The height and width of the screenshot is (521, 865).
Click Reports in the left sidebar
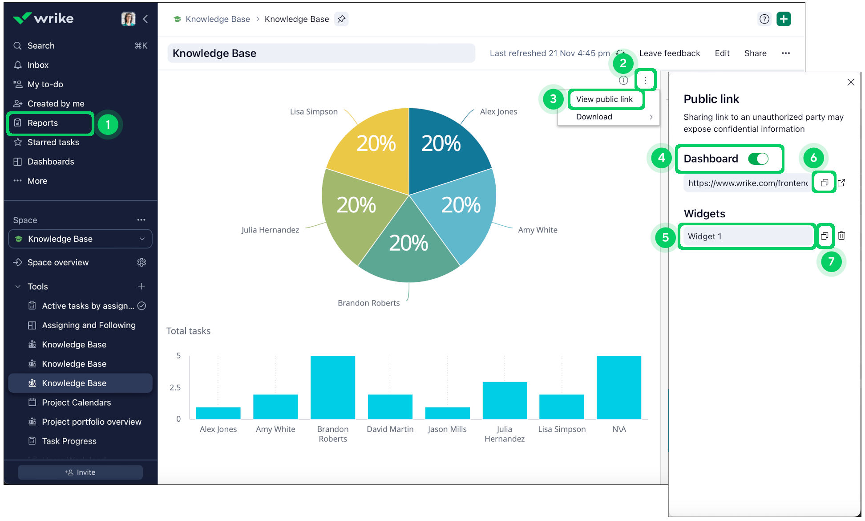click(43, 123)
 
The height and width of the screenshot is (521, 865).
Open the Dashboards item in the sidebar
click(51, 162)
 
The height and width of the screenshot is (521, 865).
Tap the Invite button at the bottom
click(80, 472)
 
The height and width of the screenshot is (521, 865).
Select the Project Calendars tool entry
click(76, 403)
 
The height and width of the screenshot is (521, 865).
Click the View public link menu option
click(604, 99)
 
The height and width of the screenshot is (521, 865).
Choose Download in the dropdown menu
click(594, 117)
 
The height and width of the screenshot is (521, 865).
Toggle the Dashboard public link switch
click(758, 159)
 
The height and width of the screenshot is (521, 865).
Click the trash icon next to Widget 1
click(841, 236)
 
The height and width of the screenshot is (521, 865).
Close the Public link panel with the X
click(851, 82)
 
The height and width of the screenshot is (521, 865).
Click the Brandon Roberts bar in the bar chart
click(333, 387)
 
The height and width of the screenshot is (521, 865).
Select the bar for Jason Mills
click(447, 413)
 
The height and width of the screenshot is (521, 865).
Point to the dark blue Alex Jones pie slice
click(445, 147)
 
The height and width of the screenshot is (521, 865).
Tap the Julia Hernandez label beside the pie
click(270, 230)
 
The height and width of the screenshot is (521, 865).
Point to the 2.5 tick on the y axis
click(175, 387)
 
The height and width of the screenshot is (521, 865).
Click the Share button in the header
click(755, 53)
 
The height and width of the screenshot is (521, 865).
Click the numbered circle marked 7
click(831, 261)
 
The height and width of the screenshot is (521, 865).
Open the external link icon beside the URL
click(841, 183)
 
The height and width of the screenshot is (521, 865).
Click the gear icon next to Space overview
click(141, 262)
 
